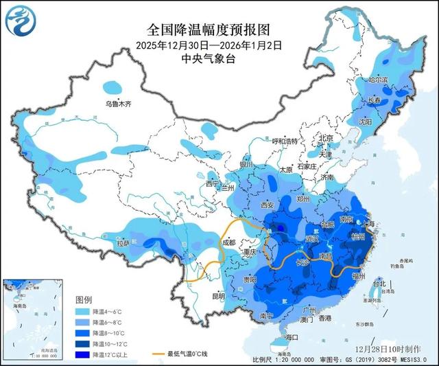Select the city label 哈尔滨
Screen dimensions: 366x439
pos(378,80)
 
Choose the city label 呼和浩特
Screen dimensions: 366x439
pos(285,141)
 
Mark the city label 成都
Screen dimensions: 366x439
pos(228,242)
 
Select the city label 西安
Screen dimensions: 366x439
pos(267,205)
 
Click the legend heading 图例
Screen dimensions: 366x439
pos(84,300)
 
